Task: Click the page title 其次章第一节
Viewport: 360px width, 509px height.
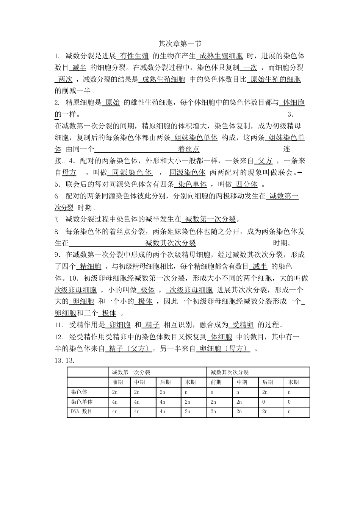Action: [x=180, y=44]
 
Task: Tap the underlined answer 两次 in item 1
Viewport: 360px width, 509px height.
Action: [x=64, y=79]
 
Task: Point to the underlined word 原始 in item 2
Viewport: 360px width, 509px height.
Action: [x=113, y=102]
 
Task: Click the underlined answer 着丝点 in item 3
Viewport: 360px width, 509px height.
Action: [x=189, y=149]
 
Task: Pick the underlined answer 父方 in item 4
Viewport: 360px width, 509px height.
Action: [x=265, y=161]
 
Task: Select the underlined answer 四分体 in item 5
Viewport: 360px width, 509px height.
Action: [x=246, y=184]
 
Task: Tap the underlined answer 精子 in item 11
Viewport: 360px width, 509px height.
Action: [x=152, y=325]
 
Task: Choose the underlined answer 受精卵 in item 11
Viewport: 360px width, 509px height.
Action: [x=243, y=325]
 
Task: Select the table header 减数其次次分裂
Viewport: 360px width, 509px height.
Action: [x=230, y=372]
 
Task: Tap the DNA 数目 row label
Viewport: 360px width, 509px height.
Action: [x=82, y=412]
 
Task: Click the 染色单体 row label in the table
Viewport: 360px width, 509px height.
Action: [x=82, y=402]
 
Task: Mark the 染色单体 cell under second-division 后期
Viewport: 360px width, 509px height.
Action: [x=264, y=402]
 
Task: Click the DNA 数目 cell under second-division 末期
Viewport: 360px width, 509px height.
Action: [x=290, y=412]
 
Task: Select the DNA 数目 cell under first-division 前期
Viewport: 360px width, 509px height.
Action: [x=115, y=412]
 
